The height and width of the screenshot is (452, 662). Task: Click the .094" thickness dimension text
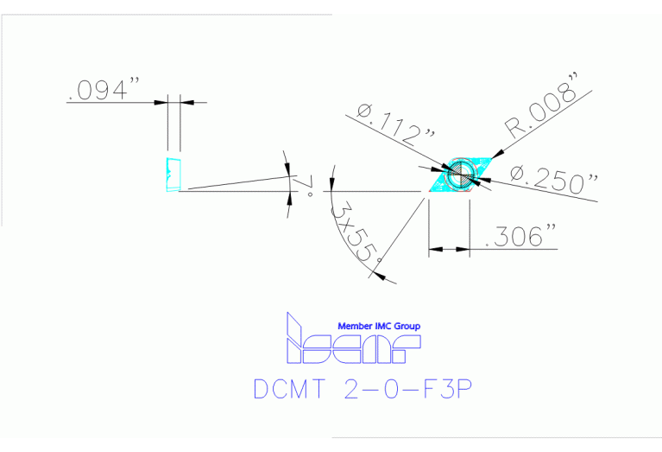coord(104,91)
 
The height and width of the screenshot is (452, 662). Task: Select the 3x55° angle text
coord(357,231)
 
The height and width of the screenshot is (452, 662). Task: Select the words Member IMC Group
coord(379,326)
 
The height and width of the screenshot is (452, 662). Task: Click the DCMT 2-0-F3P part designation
coord(363,389)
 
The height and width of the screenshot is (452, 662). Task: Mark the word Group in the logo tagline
coord(407,326)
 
